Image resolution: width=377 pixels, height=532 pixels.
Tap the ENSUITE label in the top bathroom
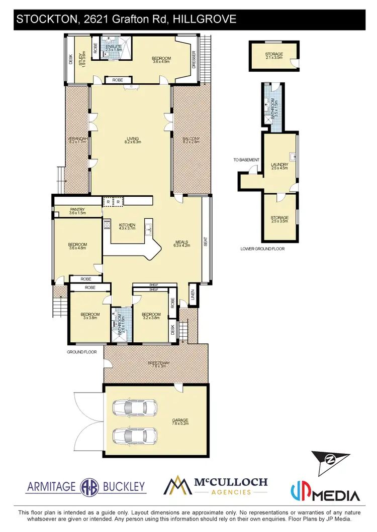110,46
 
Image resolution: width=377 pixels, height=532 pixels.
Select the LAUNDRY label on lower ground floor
278,166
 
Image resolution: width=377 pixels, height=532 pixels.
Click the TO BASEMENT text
246,160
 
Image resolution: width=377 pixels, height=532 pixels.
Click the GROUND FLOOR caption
81,352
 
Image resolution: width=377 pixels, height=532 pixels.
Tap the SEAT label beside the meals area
205,242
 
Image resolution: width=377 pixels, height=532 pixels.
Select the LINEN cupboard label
193,294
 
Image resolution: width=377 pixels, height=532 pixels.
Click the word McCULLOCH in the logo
231,482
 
